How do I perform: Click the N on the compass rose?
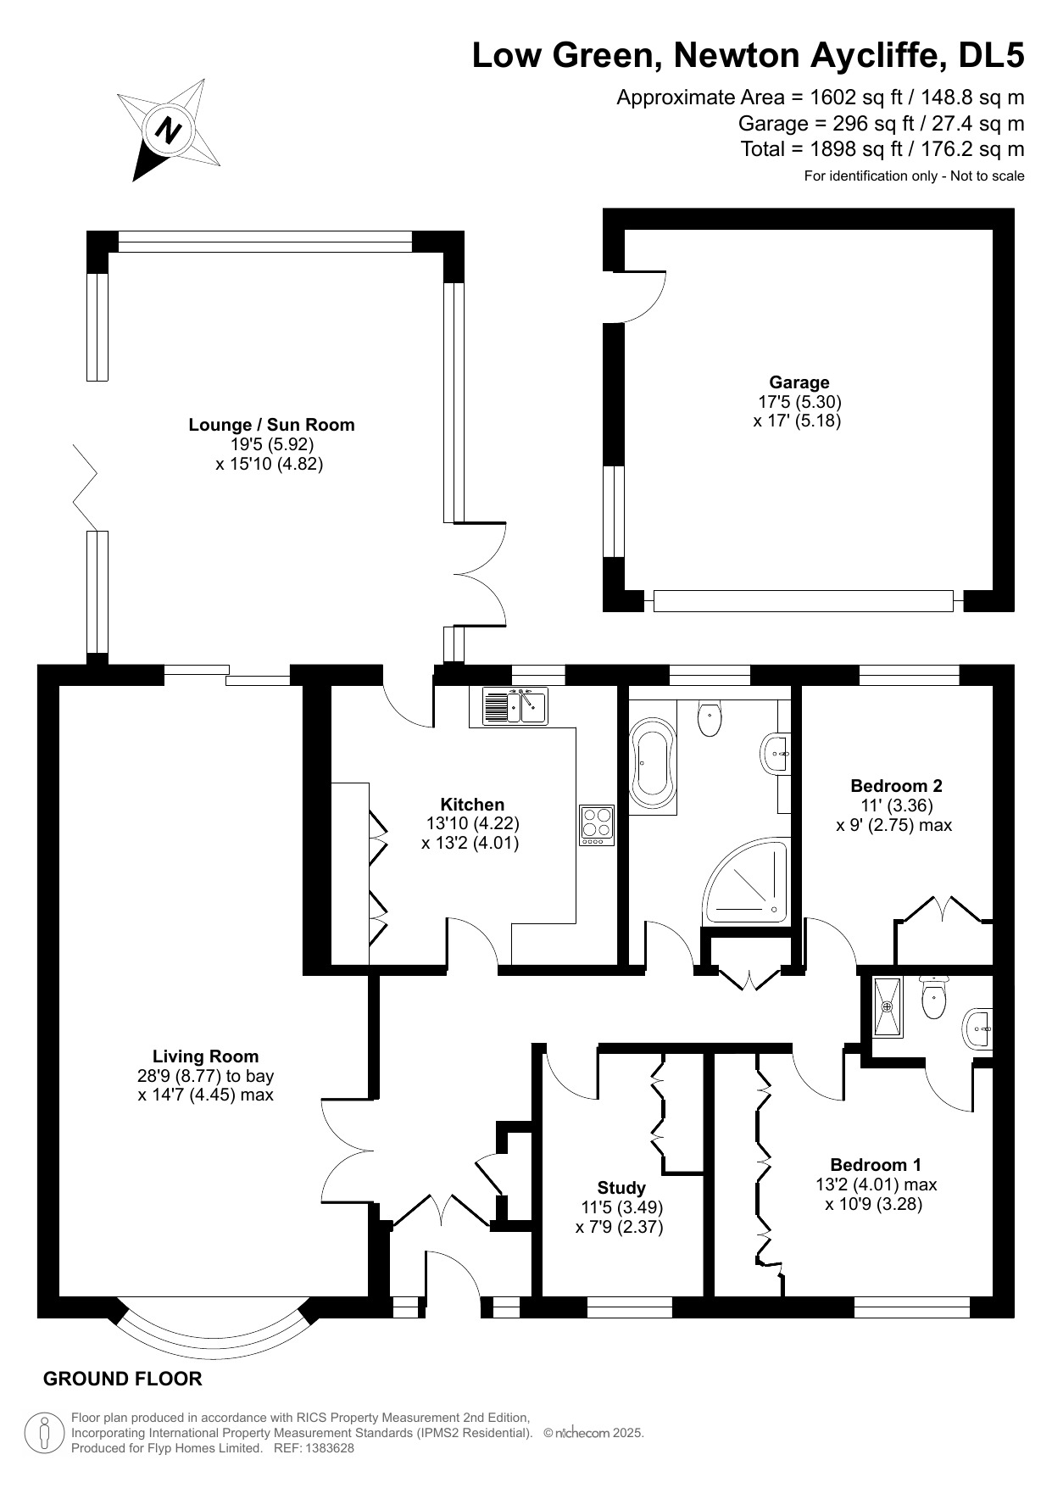coord(169,131)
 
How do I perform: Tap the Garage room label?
coord(799,382)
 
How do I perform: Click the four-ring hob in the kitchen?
coord(597,823)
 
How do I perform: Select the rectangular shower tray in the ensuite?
coord(888,1007)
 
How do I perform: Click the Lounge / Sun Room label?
coord(271,425)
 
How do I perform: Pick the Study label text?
coord(621,1188)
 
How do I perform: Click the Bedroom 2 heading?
coord(896,785)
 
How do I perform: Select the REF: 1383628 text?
coord(314,1448)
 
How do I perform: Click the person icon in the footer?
coord(44,1433)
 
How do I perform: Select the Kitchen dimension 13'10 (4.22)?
coord(472,823)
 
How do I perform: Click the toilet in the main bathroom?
coord(710,719)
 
